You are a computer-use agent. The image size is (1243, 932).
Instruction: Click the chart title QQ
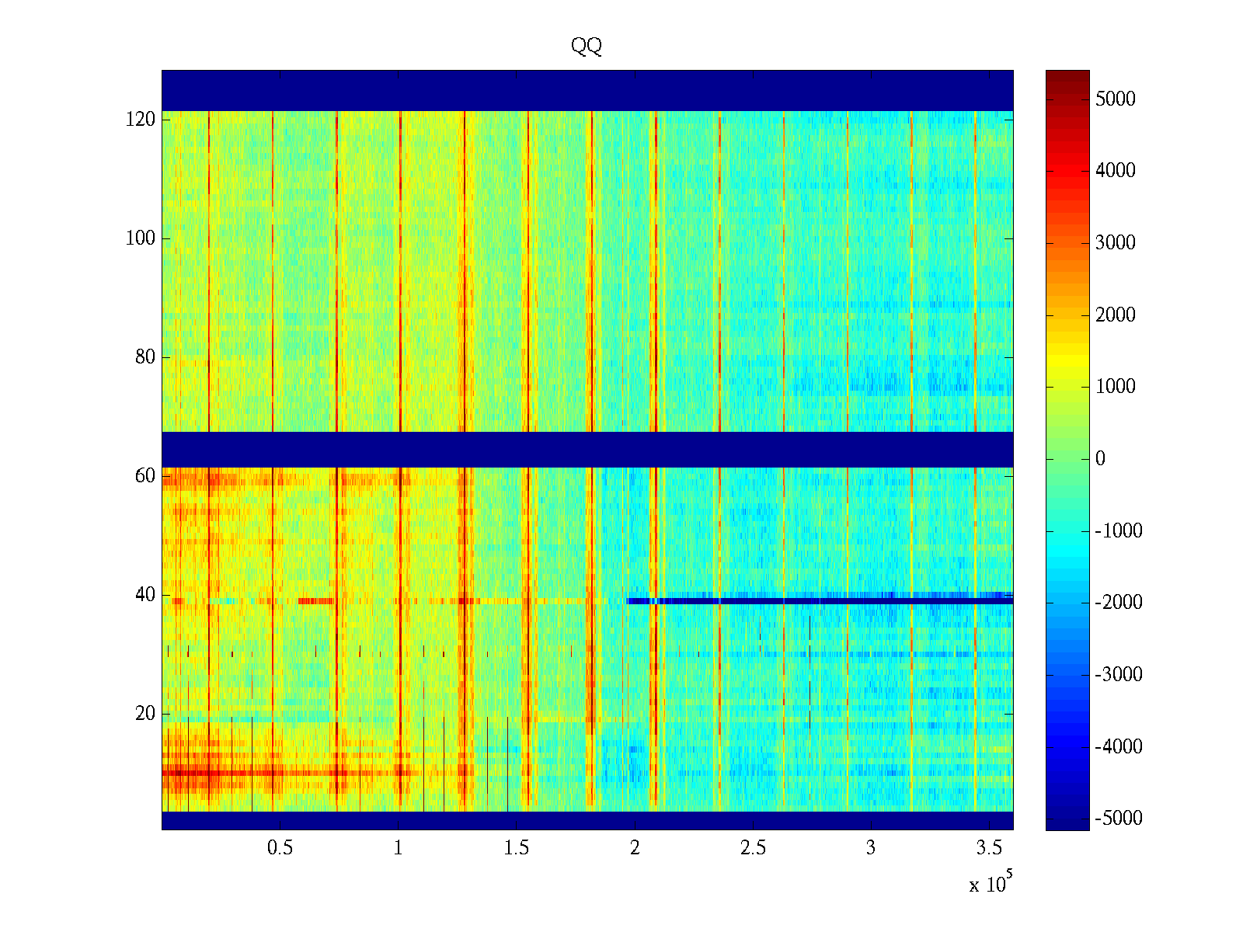pyautogui.click(x=587, y=47)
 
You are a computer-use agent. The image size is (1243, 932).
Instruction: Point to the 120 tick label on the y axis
pyautogui.click(x=141, y=120)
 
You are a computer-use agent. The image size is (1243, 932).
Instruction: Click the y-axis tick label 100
pyautogui.click(x=141, y=238)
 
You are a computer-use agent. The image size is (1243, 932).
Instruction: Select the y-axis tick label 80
pyautogui.click(x=145, y=357)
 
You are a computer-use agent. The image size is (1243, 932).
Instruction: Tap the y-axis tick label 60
pyautogui.click(x=145, y=476)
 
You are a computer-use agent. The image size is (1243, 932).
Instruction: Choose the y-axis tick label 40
pyautogui.click(x=145, y=595)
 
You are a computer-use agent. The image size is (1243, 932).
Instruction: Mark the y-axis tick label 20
pyautogui.click(x=145, y=714)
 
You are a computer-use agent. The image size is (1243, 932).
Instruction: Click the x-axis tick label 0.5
pyautogui.click(x=280, y=848)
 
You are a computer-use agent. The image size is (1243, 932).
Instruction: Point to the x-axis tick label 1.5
pyautogui.click(x=517, y=848)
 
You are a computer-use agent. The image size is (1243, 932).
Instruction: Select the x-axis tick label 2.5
pyautogui.click(x=753, y=848)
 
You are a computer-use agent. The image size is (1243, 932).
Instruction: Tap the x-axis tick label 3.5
pyautogui.click(x=989, y=848)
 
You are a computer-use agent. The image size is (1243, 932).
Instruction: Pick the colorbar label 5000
pyautogui.click(x=1116, y=99)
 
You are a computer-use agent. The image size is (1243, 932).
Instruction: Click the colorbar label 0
pyautogui.click(x=1100, y=459)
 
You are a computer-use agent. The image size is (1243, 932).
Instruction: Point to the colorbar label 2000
pyautogui.click(x=1116, y=315)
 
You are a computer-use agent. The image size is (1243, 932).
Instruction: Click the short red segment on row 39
pyautogui.click(x=315, y=600)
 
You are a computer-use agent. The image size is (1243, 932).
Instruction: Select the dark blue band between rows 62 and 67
pyautogui.click(x=587, y=449)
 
